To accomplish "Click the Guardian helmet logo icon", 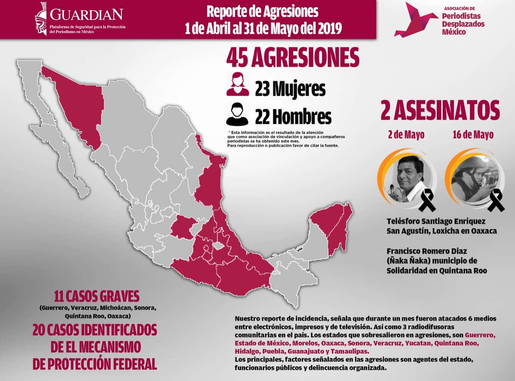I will [42, 18].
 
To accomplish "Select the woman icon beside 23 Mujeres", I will [238, 84].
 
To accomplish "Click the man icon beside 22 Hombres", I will [237, 114].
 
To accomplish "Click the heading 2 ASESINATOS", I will [440, 110].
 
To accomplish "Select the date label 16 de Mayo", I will [473, 135].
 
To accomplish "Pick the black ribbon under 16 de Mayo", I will [496, 201].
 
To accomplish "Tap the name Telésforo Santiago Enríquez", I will [436, 222].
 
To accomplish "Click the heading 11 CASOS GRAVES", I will [97, 296].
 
